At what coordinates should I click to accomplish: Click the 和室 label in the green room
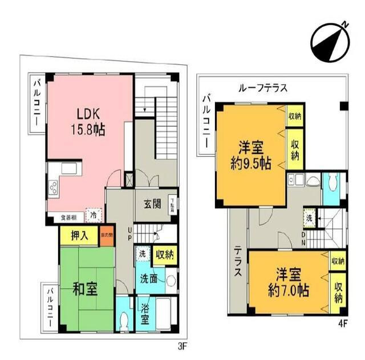point(84,289)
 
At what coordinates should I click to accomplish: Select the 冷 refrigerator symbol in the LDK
point(92,214)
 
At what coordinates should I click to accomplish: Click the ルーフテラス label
point(263,88)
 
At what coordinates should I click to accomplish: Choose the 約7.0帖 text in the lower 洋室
point(289,290)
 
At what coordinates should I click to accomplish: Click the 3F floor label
point(182,345)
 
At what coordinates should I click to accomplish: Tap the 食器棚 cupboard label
point(68,218)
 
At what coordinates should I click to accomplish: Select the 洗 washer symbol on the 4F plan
point(309,218)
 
